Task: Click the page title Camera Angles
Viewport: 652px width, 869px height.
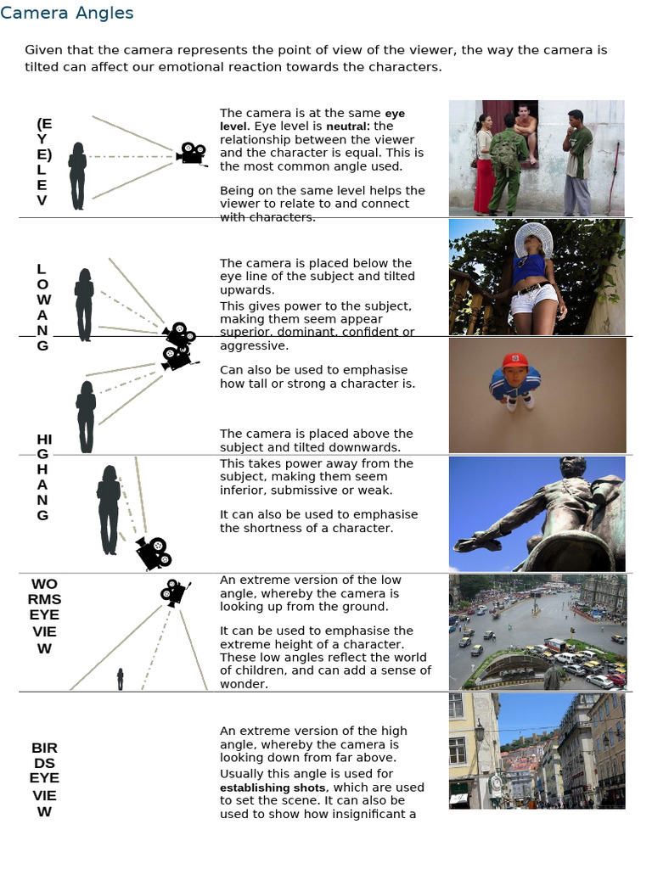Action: tap(67, 13)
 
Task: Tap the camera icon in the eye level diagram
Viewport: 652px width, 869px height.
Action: tap(191, 154)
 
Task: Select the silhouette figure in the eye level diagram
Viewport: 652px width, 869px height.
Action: tap(77, 176)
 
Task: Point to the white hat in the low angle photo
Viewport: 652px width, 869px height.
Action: tap(533, 238)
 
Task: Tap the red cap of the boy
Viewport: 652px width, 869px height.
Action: tap(514, 361)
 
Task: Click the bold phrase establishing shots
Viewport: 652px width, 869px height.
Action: tap(268, 788)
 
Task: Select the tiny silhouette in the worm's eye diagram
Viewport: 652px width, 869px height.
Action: tap(120, 679)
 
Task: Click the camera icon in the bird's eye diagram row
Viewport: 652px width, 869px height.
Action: tap(174, 591)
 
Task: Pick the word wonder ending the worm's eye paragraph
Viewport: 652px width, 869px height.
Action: tap(243, 684)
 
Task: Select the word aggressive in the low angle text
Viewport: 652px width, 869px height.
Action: tap(254, 346)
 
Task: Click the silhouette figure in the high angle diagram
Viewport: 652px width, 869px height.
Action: tap(109, 509)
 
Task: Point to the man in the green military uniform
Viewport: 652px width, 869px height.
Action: tap(507, 165)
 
